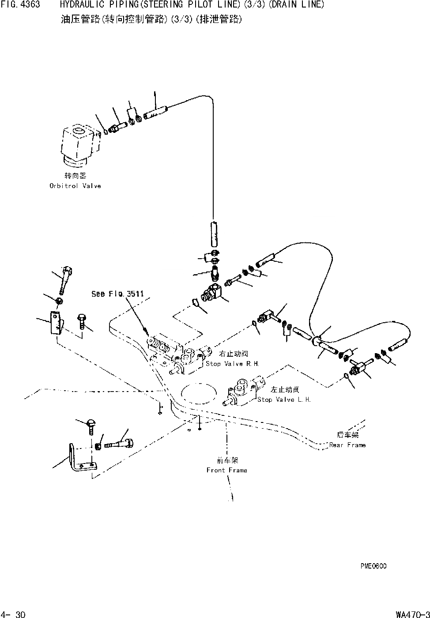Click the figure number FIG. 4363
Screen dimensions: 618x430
pos(20,5)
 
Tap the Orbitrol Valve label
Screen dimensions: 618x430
pos(75,186)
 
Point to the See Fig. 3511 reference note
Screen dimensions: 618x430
pos(117,294)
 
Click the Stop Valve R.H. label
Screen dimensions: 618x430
pos(232,364)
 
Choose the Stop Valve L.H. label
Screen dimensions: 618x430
pos(284,399)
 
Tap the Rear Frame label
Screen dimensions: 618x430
pos(347,445)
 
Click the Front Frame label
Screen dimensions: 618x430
pos(226,470)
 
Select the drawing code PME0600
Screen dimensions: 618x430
pos(373,566)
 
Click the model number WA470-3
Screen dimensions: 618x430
pos(412,614)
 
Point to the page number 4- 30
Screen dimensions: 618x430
pos(14,614)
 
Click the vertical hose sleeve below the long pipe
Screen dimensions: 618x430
pos(214,234)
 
